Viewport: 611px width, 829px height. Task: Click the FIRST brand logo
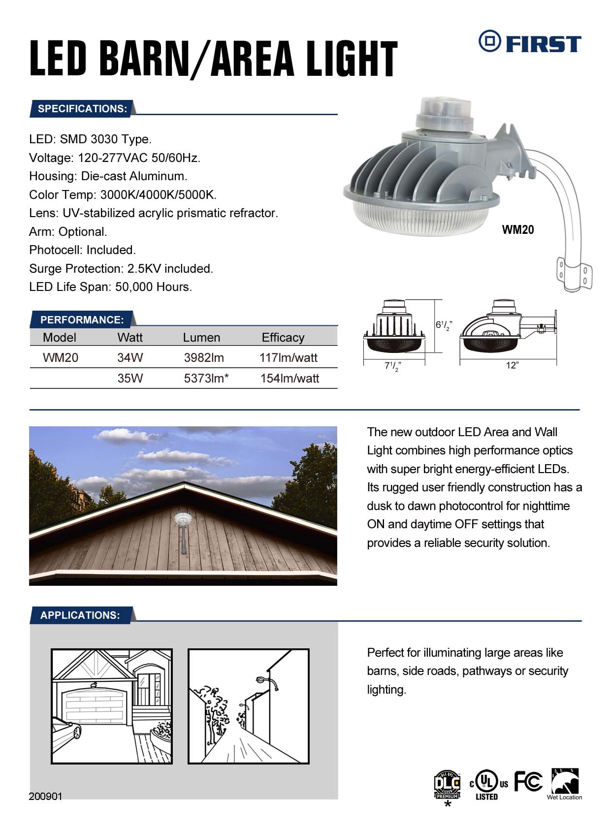(x=529, y=43)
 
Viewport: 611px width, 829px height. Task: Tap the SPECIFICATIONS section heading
(x=82, y=109)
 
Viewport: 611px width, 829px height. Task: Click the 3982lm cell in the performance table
(x=204, y=357)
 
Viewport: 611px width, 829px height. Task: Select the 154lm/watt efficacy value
(x=289, y=378)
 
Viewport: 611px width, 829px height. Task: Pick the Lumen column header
(x=201, y=337)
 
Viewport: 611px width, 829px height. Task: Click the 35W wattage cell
(x=130, y=378)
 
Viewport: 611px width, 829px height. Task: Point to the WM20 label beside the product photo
(x=517, y=229)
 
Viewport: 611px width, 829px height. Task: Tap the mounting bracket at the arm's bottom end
(x=574, y=274)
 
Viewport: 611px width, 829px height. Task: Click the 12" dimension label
(x=512, y=365)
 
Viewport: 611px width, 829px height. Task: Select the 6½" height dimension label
(x=443, y=325)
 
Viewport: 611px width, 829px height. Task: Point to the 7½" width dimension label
(x=392, y=366)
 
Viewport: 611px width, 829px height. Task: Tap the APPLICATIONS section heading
(x=80, y=615)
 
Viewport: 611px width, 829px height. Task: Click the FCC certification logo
(x=528, y=781)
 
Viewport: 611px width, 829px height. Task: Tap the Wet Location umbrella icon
(x=565, y=783)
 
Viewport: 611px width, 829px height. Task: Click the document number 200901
(x=45, y=797)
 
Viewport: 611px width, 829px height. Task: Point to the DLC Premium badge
(x=447, y=785)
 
